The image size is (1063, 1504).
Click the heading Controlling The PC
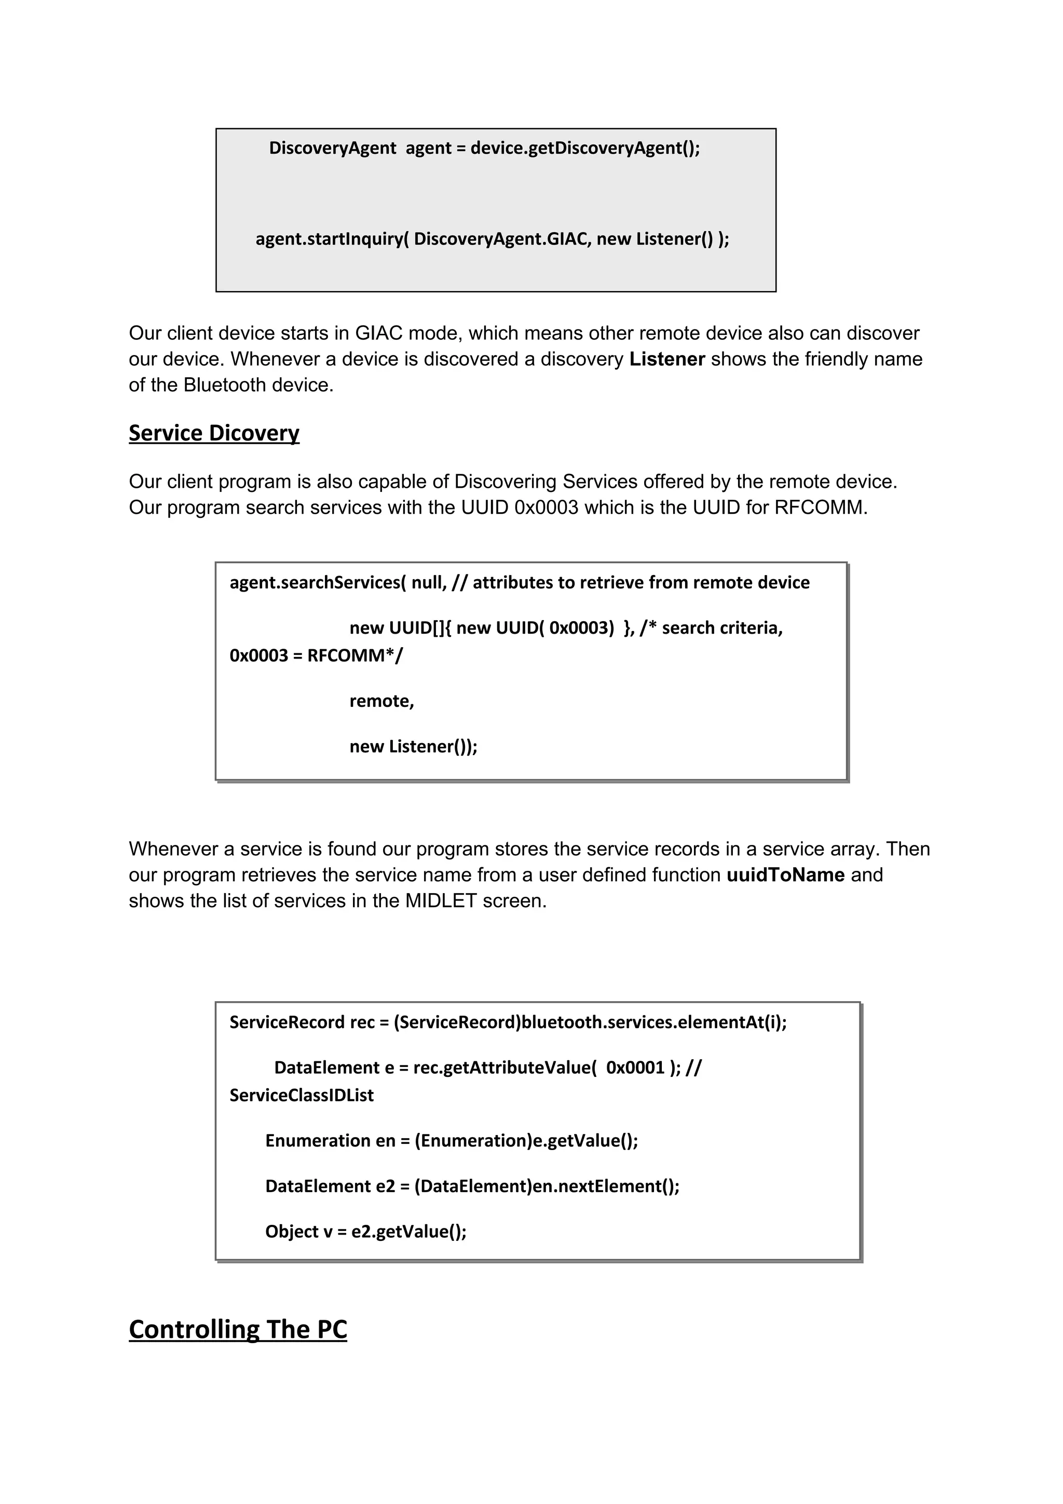point(238,1329)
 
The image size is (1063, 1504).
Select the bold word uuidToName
point(785,874)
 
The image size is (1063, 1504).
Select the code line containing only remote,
point(382,701)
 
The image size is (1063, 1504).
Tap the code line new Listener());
point(413,746)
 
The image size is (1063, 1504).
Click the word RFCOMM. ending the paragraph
point(821,508)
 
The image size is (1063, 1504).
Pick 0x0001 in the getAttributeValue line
point(635,1068)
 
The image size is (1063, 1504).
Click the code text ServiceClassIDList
point(301,1095)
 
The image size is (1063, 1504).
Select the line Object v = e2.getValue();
point(365,1232)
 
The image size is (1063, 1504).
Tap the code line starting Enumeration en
point(451,1140)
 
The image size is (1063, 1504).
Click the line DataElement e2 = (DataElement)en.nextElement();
point(472,1186)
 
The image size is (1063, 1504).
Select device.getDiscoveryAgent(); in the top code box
point(585,148)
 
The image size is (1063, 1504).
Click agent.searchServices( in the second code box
point(318,582)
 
